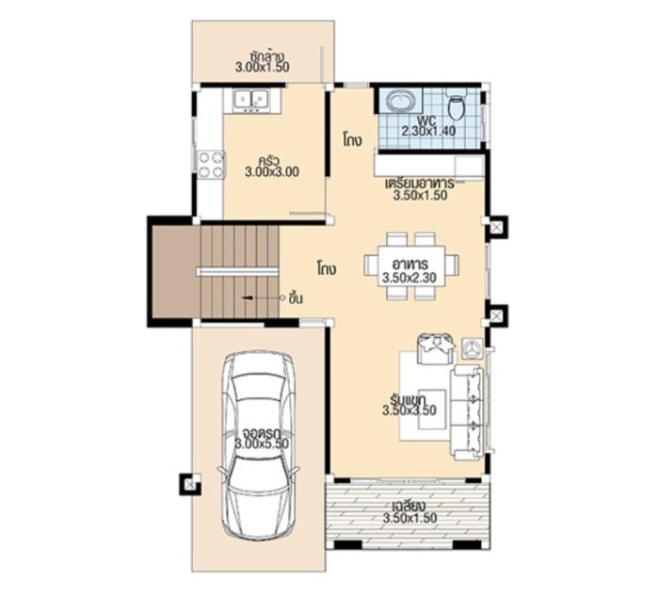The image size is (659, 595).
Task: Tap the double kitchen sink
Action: tap(251, 97)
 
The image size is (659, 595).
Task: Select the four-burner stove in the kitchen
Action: tap(211, 166)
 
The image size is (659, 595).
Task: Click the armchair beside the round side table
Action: tap(435, 347)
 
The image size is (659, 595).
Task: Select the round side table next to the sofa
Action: tap(473, 348)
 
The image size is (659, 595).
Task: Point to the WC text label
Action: tap(427, 120)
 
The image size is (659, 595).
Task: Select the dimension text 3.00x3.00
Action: tap(271, 172)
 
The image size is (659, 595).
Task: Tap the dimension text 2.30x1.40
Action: tap(428, 131)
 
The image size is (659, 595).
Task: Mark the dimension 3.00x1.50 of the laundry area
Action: tap(263, 67)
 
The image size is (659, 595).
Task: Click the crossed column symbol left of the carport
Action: tap(189, 484)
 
